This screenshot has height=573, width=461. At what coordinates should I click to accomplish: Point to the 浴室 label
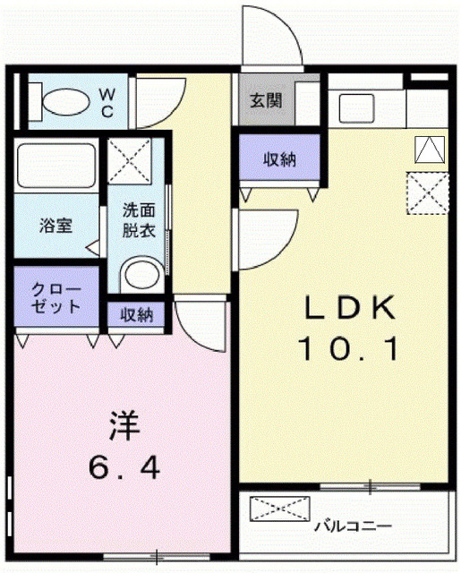[x=55, y=226]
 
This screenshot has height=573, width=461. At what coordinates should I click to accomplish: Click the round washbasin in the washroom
[x=138, y=273]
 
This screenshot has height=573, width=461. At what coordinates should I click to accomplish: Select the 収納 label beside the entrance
[x=278, y=160]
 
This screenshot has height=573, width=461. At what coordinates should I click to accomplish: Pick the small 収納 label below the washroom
[x=137, y=314]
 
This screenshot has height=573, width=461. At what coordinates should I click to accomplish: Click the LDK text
[x=350, y=310]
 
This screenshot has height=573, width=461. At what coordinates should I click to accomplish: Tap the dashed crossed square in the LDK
[x=427, y=191]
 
